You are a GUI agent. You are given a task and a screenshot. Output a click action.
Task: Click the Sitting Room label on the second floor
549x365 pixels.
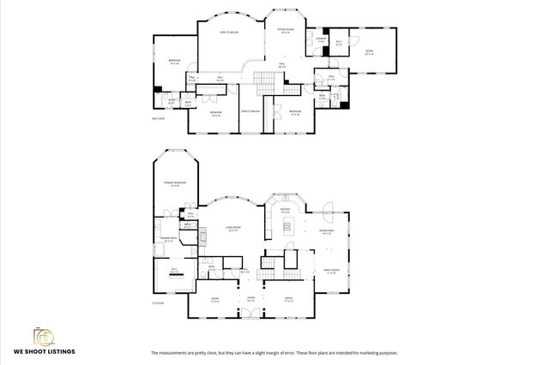point(285,31)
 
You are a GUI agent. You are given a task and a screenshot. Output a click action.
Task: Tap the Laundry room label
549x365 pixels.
point(320,39)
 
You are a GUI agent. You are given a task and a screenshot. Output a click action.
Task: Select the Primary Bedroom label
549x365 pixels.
point(175,184)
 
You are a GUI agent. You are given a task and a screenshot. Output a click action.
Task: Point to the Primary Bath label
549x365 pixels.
point(166,240)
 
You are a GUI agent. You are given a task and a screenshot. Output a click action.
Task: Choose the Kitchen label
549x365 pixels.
point(285,211)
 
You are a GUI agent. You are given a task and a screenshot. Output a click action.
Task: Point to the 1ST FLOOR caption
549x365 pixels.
point(157,303)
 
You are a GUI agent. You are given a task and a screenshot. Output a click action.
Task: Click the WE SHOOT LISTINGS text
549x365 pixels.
point(44,351)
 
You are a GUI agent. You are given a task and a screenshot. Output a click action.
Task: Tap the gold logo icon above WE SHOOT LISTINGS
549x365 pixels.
point(43,334)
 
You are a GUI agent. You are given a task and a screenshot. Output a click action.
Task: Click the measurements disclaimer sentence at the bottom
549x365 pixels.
point(274,352)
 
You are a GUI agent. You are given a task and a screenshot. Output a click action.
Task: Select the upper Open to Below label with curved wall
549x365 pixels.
point(229,33)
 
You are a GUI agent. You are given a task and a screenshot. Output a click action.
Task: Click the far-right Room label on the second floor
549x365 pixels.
point(370,51)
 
